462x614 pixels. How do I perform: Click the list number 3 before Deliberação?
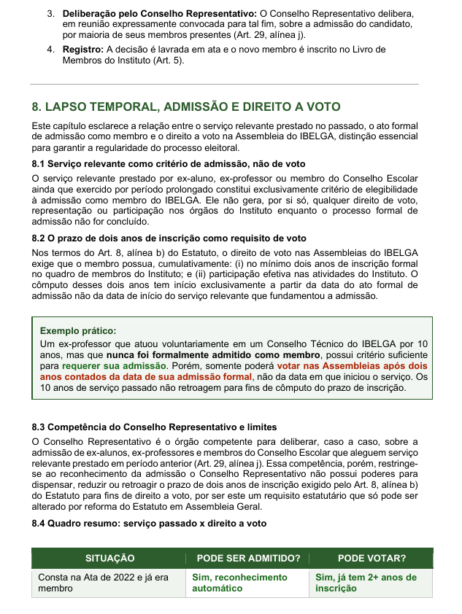point(50,14)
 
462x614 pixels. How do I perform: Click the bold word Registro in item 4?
point(83,50)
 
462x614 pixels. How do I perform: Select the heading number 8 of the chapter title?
point(36,106)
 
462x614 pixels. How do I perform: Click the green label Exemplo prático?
point(77,330)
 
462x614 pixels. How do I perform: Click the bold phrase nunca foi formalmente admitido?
point(189,354)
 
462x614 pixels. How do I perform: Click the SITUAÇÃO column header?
point(110,559)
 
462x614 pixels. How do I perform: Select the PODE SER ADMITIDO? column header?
point(249,559)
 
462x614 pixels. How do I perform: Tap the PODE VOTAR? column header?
point(371,559)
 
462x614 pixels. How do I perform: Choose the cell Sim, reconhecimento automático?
point(239,582)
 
